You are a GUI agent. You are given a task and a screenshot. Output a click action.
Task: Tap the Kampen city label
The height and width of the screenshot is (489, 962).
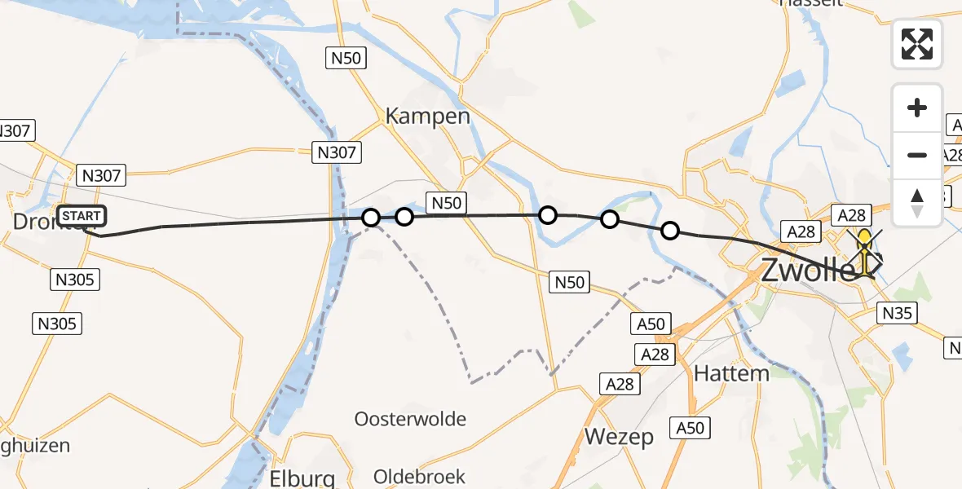(428, 116)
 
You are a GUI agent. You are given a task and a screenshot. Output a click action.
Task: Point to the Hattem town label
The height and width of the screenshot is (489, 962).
(731, 373)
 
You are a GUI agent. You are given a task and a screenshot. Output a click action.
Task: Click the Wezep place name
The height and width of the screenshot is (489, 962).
(619, 437)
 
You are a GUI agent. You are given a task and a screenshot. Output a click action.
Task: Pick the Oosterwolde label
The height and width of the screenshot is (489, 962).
(410, 419)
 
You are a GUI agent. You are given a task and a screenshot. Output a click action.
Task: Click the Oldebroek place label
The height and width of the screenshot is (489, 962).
(419, 476)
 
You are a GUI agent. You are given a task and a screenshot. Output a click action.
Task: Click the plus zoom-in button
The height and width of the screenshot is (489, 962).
(917, 108)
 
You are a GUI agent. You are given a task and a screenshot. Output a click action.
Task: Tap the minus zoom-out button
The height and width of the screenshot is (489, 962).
(917, 155)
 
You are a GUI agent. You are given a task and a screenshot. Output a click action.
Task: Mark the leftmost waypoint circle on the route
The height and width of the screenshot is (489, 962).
(371, 218)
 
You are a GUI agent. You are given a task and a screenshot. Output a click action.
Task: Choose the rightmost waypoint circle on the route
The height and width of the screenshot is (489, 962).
(669, 231)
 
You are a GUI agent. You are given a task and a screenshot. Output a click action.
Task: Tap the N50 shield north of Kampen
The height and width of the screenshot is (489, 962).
(346, 57)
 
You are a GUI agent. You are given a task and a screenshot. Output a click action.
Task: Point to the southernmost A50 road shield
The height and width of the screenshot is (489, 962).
(690, 427)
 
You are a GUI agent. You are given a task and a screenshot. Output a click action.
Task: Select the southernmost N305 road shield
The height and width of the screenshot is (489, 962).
(57, 324)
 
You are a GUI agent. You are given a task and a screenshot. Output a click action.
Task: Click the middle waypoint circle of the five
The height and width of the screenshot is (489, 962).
(548, 215)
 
